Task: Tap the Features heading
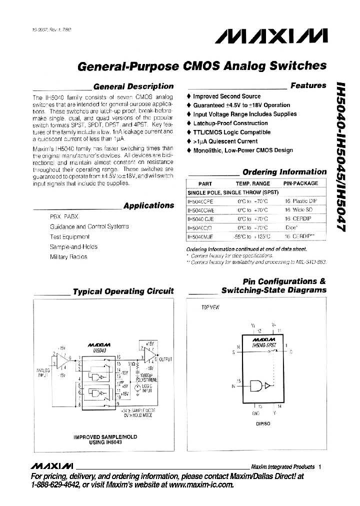pos(308,85)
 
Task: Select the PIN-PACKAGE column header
pos(300,183)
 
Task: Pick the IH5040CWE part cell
pos(200,210)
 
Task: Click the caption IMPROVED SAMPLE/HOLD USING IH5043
pos(105,439)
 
